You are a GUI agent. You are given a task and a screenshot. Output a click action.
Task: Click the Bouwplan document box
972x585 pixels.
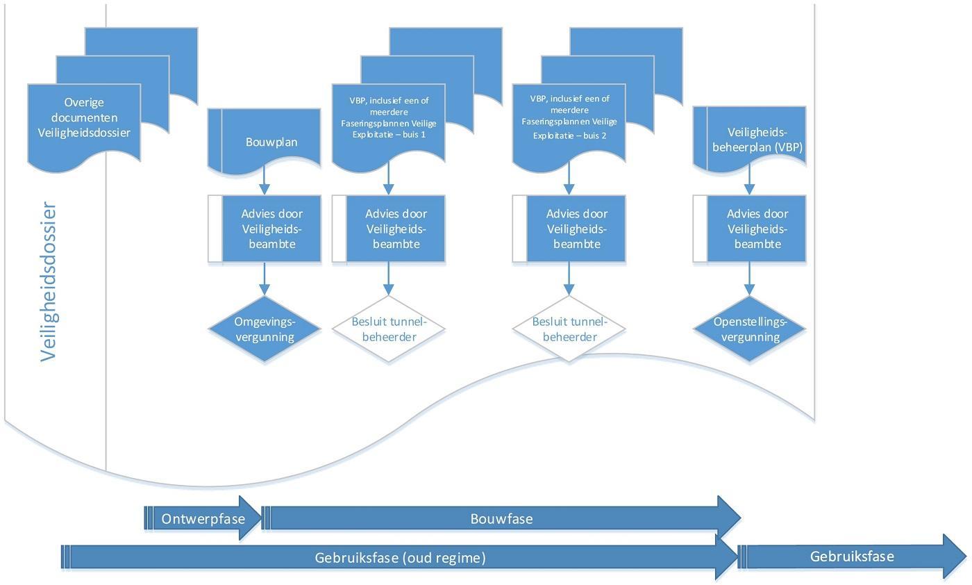(271, 141)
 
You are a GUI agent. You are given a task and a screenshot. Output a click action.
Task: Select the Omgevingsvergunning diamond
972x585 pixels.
(264, 329)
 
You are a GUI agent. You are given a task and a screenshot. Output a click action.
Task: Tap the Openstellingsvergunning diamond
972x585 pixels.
(749, 329)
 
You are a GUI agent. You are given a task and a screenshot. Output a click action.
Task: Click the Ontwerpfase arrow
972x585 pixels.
(203, 518)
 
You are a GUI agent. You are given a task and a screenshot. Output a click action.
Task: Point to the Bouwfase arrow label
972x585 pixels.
(501, 518)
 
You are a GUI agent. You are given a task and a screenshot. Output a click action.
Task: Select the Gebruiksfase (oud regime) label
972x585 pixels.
(400, 557)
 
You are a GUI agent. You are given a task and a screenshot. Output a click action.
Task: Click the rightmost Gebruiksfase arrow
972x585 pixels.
(852, 556)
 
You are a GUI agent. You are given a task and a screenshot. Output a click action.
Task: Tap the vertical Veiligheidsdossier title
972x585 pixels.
(48, 281)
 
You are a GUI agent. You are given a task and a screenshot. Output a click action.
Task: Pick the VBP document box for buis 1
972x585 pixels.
(388, 118)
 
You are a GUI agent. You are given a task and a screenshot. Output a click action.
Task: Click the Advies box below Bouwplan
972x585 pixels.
(271, 229)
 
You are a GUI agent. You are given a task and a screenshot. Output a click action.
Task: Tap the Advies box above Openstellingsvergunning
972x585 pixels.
(756, 229)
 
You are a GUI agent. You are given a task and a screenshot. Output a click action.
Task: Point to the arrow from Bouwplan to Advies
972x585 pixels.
(264, 182)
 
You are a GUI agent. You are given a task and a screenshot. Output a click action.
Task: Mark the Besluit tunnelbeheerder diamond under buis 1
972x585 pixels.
(388, 329)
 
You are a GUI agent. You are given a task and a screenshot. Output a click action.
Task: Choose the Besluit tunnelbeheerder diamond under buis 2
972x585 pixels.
(569, 329)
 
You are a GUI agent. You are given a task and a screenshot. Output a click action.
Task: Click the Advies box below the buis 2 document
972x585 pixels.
(576, 229)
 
